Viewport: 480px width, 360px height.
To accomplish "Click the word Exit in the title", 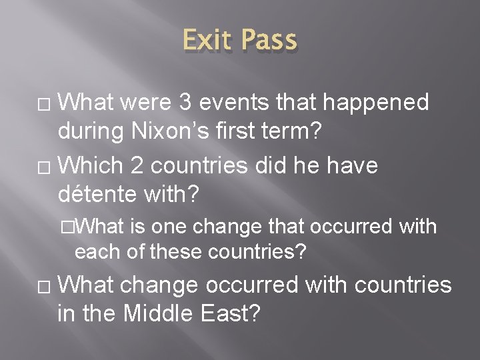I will pyautogui.click(x=207, y=41).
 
